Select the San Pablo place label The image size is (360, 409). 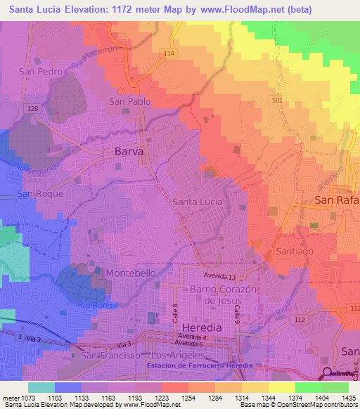tap(129, 102)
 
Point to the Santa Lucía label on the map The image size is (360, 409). tap(197, 202)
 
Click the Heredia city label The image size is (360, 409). tap(201, 328)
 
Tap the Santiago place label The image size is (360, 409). tap(293, 251)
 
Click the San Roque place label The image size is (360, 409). tap(41, 193)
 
